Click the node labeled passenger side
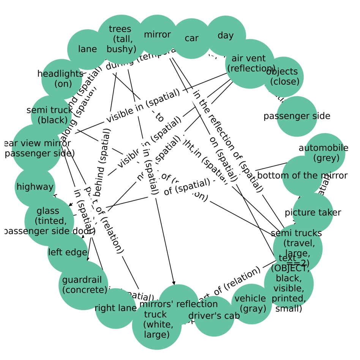pyautogui.click(x=297, y=116)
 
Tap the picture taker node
pyautogui.click(x=313, y=213)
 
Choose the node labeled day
pyautogui.click(x=226, y=36)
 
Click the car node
pyautogui.click(x=191, y=38)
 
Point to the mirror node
pyautogui.click(x=157, y=35)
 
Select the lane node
pyautogui.click(x=87, y=49)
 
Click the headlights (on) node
pyautogui.click(x=61, y=79)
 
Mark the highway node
pyautogui.click(x=35, y=187)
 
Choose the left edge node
pyautogui.click(x=68, y=252)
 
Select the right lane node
pyautogui.click(x=115, y=308)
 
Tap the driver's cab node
pyautogui.click(x=214, y=316)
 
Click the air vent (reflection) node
pyautogui.click(x=249, y=63)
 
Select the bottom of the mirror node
pyautogui.click(x=302, y=176)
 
